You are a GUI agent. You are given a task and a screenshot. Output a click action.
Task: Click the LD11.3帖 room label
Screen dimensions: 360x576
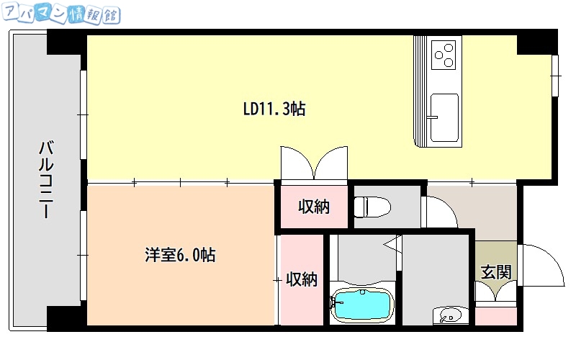[274, 109]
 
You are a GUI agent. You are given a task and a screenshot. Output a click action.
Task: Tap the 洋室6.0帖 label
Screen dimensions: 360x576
[179, 255]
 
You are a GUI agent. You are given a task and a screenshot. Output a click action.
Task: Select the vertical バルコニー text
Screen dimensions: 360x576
[45, 180]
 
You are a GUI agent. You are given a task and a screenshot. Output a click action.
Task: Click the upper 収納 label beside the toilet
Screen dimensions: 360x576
[314, 207]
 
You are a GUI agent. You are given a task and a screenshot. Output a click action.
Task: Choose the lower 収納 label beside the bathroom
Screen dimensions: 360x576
[301, 279]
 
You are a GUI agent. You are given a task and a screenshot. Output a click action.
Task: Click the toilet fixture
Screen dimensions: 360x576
[372, 207]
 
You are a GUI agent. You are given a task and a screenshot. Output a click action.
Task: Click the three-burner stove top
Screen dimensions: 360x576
[444, 54]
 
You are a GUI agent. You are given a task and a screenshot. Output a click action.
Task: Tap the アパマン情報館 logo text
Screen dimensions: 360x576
[60, 14]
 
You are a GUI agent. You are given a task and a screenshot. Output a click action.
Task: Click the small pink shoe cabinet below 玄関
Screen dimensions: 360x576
[495, 315]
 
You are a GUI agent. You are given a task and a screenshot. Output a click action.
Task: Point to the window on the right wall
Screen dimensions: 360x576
[557, 75]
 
